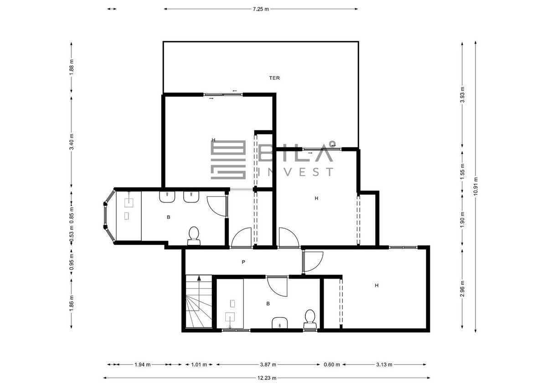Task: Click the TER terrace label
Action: pos(274,78)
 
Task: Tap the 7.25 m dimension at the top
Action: pos(261,9)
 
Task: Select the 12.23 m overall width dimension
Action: pos(267,378)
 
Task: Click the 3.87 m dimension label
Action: pos(268,365)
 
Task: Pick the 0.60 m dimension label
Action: pos(332,365)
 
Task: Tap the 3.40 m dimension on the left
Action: pos(71,142)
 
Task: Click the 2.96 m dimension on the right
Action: pos(462,289)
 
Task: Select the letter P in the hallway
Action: pos(243,262)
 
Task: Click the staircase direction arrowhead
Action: pos(199,278)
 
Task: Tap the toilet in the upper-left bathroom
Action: pos(194,236)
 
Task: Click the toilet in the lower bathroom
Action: pos(310,319)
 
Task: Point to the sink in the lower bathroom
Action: pos(280,323)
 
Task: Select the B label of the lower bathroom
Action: pos(268,304)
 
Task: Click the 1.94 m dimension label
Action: pos(142,365)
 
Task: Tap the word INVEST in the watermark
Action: pos(296,172)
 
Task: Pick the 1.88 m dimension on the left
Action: pos(71,67)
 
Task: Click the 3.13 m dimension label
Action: pos(384,365)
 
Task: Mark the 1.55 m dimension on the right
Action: pos(462,171)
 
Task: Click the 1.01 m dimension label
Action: pos(199,365)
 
